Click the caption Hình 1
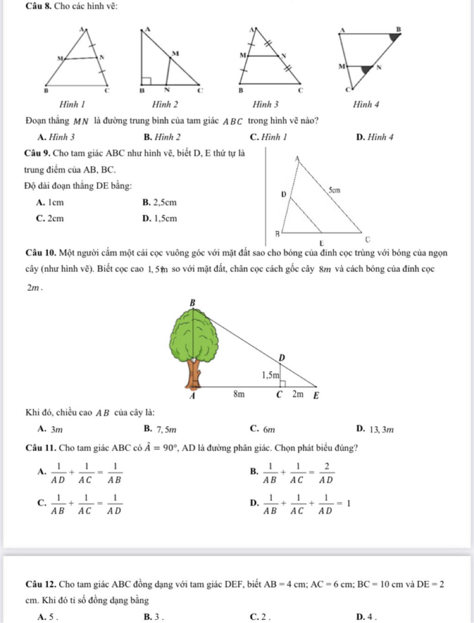tap(72, 105)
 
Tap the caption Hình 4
tap(366, 105)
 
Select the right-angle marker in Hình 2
tap(146, 82)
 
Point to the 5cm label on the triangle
tap(334, 190)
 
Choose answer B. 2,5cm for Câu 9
tap(160, 202)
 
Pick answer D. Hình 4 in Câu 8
tap(375, 137)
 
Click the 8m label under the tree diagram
tap(238, 394)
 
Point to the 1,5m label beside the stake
tap(271, 375)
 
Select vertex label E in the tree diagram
tap(317, 396)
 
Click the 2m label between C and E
tap(298, 394)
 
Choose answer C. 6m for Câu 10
tap(262, 429)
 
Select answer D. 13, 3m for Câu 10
tap(375, 429)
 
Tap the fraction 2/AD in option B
tap(326, 473)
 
